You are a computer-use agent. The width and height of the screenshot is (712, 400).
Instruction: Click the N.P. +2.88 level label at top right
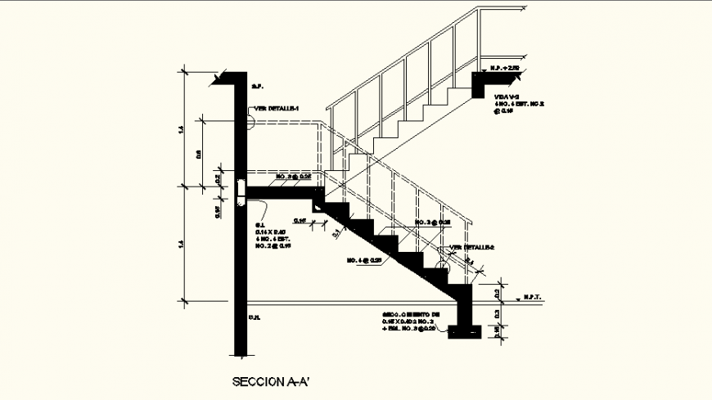[505, 69]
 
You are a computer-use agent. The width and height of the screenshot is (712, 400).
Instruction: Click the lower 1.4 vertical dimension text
[179, 243]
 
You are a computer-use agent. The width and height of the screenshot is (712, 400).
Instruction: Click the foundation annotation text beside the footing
[412, 321]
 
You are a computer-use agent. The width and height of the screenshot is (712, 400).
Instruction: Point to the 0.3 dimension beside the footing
[497, 313]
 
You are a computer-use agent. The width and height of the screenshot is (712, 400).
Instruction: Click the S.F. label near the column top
[255, 86]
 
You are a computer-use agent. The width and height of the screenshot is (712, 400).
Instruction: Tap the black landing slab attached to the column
[282, 191]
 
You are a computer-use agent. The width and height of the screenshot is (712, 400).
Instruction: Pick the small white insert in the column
[240, 190]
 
